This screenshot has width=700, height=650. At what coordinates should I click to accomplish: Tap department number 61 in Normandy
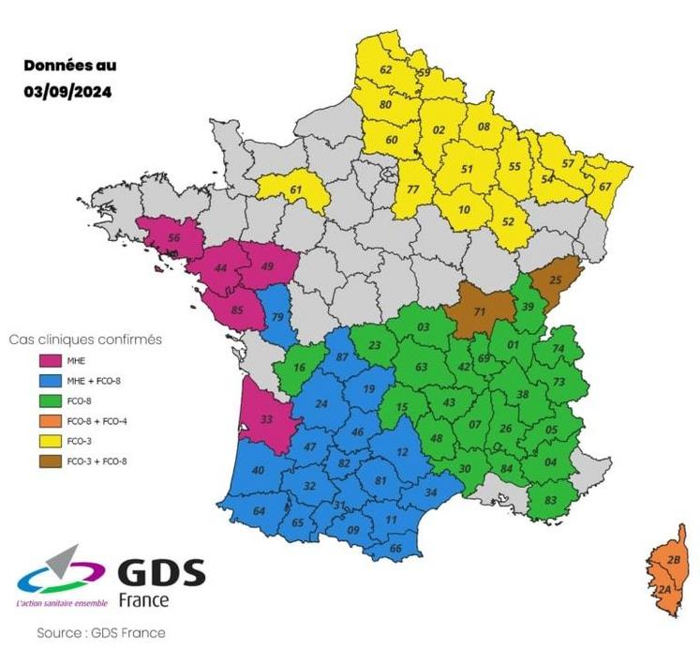(x=296, y=190)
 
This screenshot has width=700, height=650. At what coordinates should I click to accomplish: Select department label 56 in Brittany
(x=173, y=238)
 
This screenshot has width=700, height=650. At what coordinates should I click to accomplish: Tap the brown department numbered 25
(x=555, y=280)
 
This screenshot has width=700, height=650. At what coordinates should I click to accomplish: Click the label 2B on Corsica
(x=672, y=560)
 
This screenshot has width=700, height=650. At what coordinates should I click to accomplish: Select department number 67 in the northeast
(x=604, y=186)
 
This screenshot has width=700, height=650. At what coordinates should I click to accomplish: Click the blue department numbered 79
(x=277, y=316)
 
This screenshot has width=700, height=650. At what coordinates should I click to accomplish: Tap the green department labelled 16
(x=298, y=368)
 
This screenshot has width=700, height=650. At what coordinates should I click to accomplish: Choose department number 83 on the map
(x=550, y=499)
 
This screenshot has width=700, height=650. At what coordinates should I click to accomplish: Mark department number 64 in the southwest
(x=260, y=510)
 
